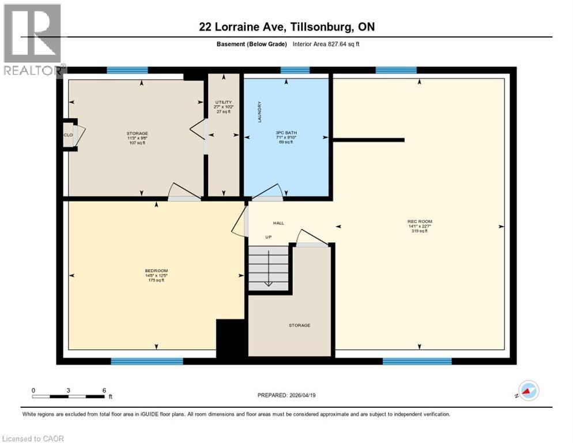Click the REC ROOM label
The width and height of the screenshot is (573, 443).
coord(420,221)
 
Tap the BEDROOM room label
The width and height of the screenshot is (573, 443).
coord(156,271)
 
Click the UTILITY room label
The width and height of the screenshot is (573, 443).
coord(224,102)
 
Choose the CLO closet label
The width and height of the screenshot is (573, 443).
coord(68,134)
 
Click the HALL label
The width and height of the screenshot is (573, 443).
coord(278,223)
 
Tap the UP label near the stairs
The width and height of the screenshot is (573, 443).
coord(268,237)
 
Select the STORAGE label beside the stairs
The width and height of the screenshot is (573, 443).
coord(299,325)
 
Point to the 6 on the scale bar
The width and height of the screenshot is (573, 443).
coord(104,390)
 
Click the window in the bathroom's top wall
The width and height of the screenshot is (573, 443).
coord(295,70)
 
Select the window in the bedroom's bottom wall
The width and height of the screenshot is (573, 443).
coord(146,361)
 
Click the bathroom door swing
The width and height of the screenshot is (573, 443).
coord(267,192)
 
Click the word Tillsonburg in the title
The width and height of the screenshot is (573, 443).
coord(311,27)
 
